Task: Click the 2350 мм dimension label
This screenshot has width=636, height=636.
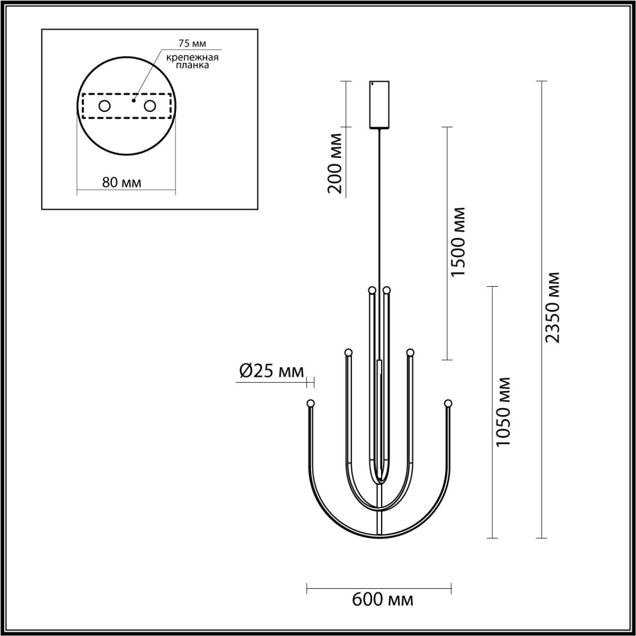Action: pos(553,307)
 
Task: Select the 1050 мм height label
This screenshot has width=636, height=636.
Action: pos(503,411)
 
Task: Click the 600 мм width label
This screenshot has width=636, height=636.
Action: pos(382,600)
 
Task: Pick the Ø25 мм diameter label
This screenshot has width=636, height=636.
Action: pos(271,371)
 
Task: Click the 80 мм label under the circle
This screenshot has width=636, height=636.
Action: pos(121,182)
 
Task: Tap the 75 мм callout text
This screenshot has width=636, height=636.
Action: pos(192,44)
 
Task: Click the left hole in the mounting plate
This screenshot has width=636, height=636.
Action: pos(104,106)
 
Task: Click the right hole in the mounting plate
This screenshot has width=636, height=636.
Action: pos(150,106)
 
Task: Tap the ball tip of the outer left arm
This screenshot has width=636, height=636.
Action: pos(311,403)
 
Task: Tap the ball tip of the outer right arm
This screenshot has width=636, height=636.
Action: pos(448,403)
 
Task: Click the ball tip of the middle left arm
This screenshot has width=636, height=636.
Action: pos(348,352)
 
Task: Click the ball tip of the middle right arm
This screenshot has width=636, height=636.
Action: pos(410,352)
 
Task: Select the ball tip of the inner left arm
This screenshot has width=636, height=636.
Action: pos(371,290)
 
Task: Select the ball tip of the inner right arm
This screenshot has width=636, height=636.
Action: pos(387,290)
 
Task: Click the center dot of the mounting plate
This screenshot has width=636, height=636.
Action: pos(133,100)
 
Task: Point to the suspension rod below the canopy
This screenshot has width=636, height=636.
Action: pos(380,209)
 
